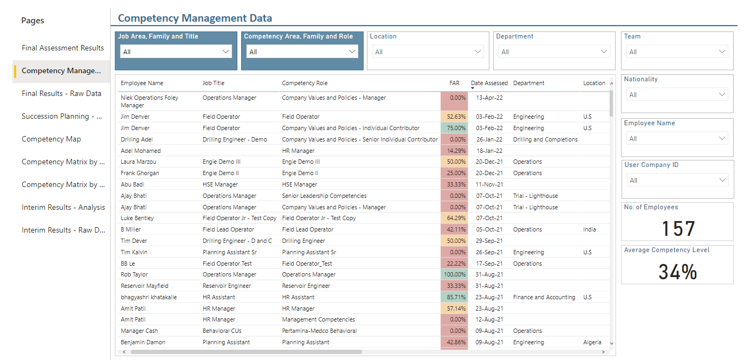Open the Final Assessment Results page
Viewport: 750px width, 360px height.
coord(62,48)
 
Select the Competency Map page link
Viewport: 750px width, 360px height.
coord(51,139)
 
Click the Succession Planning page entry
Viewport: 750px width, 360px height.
coord(62,116)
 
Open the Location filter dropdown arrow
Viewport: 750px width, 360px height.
coord(478,52)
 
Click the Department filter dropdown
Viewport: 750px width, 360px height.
coord(553,52)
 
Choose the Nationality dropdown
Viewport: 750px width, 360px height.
coord(677,94)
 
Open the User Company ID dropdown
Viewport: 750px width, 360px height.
coord(677,181)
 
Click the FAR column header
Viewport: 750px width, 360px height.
coord(454,83)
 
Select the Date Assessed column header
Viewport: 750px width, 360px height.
coord(489,83)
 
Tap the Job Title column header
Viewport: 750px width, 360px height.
coord(214,83)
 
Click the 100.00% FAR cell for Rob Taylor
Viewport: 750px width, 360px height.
coord(454,274)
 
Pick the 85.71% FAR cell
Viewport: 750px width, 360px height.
coord(454,297)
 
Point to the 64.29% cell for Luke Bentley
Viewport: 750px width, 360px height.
coord(454,218)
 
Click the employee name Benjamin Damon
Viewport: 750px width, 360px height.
coord(143,342)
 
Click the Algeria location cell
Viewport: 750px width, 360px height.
coord(592,342)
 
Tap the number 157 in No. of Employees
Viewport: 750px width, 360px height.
coord(677,229)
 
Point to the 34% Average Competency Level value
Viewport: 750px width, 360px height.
coord(677,272)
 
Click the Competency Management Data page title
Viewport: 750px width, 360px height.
coord(195,18)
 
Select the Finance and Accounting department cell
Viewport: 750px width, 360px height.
coord(544,297)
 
